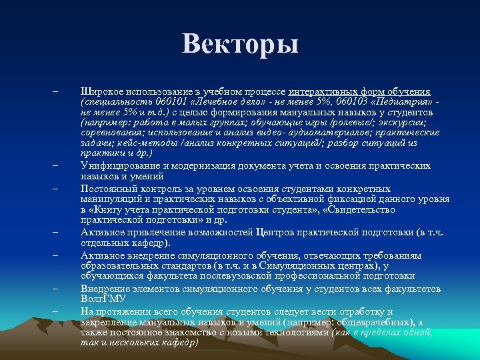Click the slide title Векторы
coord(240,45)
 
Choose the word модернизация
coord(207,165)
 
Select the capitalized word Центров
coord(279,232)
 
